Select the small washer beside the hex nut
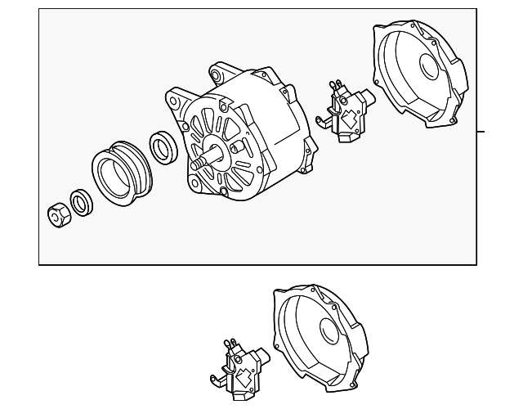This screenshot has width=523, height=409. (82, 202)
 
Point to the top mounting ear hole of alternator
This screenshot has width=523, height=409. (217, 74)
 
